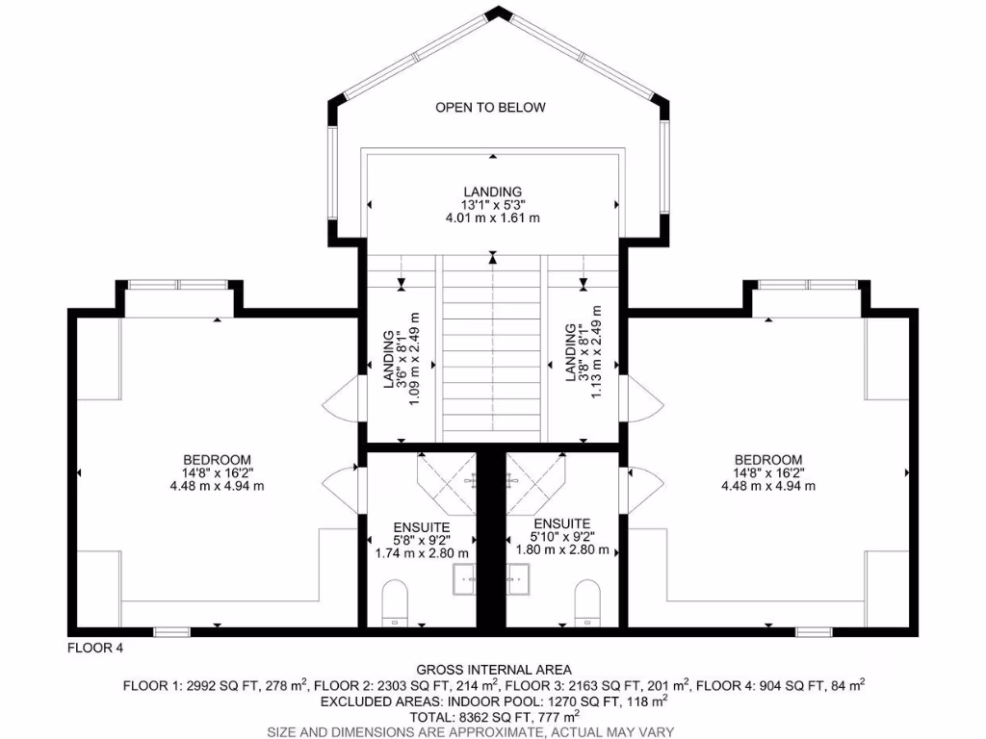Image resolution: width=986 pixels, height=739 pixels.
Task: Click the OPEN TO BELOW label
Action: pos(490,107)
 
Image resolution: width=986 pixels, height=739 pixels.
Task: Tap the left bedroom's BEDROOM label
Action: pos(217,459)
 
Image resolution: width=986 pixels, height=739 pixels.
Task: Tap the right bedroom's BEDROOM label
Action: pos(767,459)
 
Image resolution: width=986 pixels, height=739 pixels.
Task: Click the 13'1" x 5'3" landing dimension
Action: pos(491,205)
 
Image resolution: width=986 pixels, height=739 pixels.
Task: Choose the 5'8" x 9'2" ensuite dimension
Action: pos(421,540)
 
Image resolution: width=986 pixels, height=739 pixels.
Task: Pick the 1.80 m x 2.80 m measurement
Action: pos(561,550)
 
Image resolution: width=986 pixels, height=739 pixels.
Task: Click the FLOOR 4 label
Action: pos(94,648)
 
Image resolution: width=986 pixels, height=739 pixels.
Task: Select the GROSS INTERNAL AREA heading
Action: pos(493,670)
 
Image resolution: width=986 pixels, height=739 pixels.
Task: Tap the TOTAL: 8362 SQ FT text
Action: pos(493,717)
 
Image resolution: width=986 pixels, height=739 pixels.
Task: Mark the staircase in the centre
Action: pos(493,346)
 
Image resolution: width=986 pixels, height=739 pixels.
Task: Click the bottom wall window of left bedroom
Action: pos(171,632)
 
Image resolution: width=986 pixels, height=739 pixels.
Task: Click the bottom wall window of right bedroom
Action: pos(813,632)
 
